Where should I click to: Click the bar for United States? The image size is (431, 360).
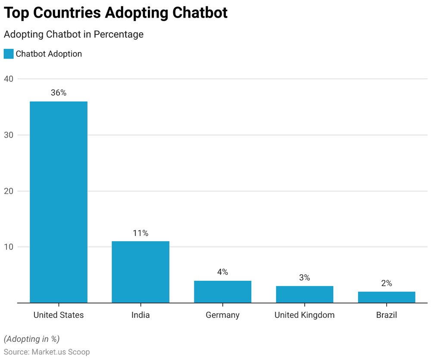pyautogui.click(x=59, y=202)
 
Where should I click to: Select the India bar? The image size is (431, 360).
pyautogui.click(x=141, y=272)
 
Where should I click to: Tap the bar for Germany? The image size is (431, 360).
pyautogui.click(x=222, y=292)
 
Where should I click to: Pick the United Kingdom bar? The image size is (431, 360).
pyautogui.click(x=304, y=294)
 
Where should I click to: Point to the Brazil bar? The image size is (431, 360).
pyautogui.click(x=386, y=297)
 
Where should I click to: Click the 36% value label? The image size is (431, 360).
pyautogui.click(x=59, y=93)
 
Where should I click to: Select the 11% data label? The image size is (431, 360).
pyautogui.click(x=141, y=233)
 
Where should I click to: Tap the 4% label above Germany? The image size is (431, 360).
pyautogui.click(x=222, y=272)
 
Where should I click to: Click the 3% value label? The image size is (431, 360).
pyautogui.click(x=304, y=278)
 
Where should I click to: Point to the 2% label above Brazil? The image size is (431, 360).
pyautogui.click(x=386, y=283)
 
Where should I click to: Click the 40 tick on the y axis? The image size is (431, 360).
pyautogui.click(x=9, y=79)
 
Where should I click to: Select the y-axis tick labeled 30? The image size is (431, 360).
pyautogui.click(x=9, y=135)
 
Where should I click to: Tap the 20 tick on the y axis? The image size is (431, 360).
pyautogui.click(x=9, y=191)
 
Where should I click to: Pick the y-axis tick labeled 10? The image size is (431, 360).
pyautogui.click(x=9, y=247)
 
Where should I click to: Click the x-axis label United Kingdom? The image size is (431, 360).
pyautogui.click(x=304, y=315)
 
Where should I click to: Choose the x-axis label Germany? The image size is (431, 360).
pyautogui.click(x=222, y=315)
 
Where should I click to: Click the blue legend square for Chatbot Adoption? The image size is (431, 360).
pyautogui.click(x=9, y=54)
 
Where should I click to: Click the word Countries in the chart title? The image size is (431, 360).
pyautogui.click(x=69, y=13)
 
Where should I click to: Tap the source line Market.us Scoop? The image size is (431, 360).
pyautogui.click(x=47, y=352)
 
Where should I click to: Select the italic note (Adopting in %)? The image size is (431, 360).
pyautogui.click(x=32, y=338)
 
